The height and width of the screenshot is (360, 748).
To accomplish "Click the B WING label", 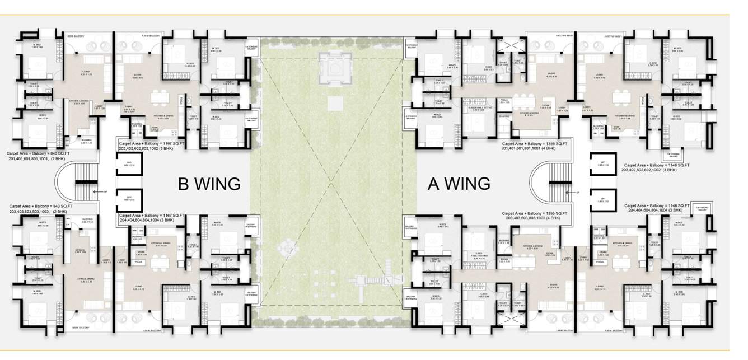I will click(x=209, y=184).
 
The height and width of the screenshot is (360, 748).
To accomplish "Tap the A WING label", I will click(x=459, y=183).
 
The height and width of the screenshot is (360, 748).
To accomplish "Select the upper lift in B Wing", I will click(x=129, y=167).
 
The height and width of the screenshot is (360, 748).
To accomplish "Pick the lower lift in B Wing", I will click(x=129, y=199).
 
